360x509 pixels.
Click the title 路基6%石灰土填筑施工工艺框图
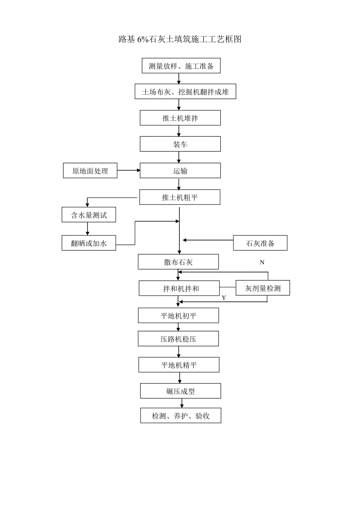180,39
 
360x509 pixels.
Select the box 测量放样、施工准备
181,66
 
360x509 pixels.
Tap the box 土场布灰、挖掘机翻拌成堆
185,92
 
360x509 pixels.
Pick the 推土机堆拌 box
180,118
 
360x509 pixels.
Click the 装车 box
180,144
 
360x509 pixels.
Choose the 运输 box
180,171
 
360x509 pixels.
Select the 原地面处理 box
90,171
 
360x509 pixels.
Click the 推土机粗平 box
180,197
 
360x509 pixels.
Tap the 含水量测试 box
89,215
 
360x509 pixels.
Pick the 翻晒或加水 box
89,243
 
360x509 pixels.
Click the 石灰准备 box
260,243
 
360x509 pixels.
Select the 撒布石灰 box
178,262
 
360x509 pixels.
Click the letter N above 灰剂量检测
262,262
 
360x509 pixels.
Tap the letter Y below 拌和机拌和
224,298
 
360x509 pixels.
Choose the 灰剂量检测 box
263,289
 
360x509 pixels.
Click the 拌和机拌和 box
179,289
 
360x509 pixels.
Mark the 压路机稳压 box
178,339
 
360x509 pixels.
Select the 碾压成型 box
180,391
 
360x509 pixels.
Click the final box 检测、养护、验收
181,416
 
